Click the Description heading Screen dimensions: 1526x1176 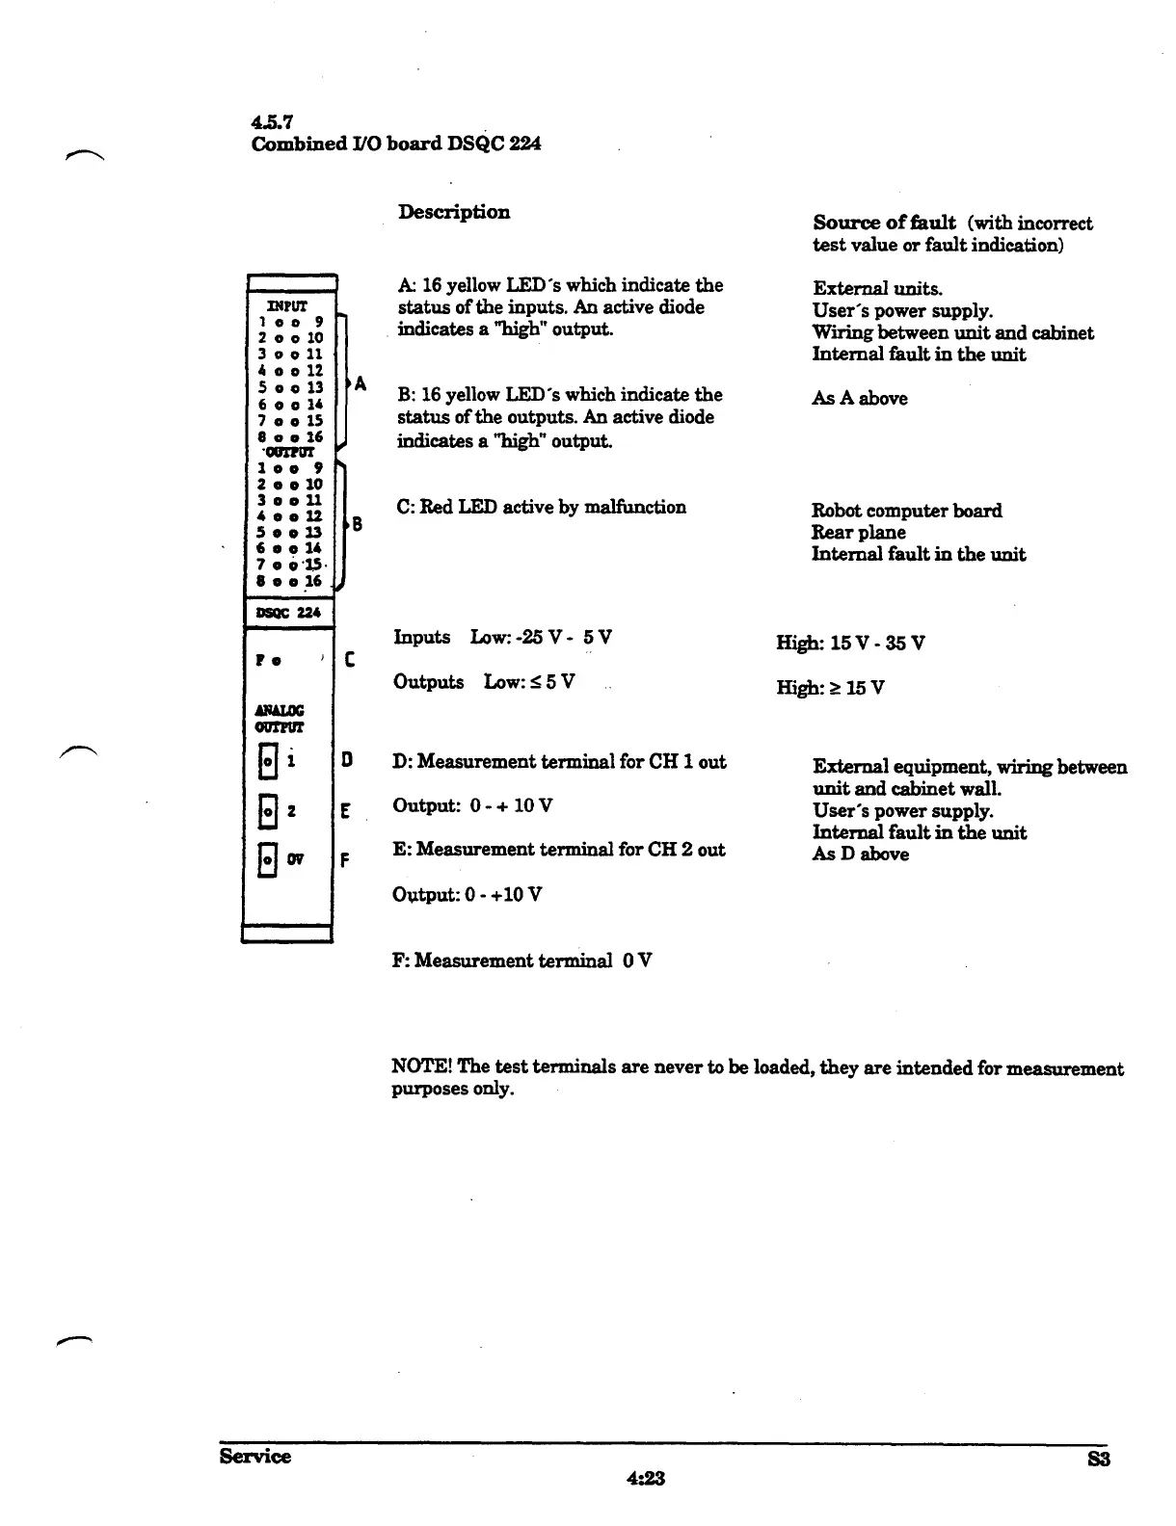coord(454,212)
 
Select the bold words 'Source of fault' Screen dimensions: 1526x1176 coord(884,223)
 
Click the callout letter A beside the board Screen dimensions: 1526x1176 coord(360,384)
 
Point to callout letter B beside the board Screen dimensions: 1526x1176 coord(357,525)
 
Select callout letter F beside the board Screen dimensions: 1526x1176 coord(345,860)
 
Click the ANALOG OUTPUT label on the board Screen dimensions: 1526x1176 coord(279,719)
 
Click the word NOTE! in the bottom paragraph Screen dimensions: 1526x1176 coord(422,1067)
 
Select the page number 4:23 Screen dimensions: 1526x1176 coord(646,1478)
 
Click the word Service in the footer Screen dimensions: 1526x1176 coord(254,1456)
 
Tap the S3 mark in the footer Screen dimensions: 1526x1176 coord(1099,1459)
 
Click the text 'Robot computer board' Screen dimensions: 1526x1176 coord(906,511)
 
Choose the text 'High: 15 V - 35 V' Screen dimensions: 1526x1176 coord(850,643)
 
